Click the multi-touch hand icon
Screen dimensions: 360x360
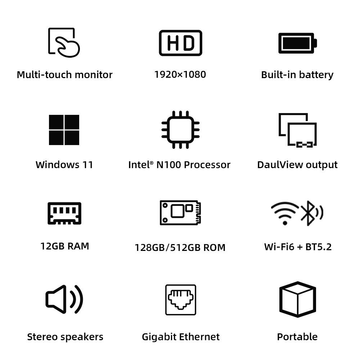point(64,42)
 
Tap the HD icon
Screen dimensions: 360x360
point(180,43)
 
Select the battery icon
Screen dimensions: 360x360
point(297,43)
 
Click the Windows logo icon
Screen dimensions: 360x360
point(64,130)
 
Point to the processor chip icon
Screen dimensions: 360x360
point(180,130)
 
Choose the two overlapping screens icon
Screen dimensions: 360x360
point(297,130)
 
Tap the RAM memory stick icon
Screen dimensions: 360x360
point(64,213)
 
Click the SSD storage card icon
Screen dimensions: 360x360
point(180,212)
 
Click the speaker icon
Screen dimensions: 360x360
point(64,299)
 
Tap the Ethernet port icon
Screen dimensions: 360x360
point(180,300)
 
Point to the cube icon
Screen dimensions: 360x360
point(297,299)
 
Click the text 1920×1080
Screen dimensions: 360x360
point(180,75)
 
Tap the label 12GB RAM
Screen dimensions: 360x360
point(65,246)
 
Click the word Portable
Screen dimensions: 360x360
point(297,337)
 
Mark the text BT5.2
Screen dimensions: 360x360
point(318,247)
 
